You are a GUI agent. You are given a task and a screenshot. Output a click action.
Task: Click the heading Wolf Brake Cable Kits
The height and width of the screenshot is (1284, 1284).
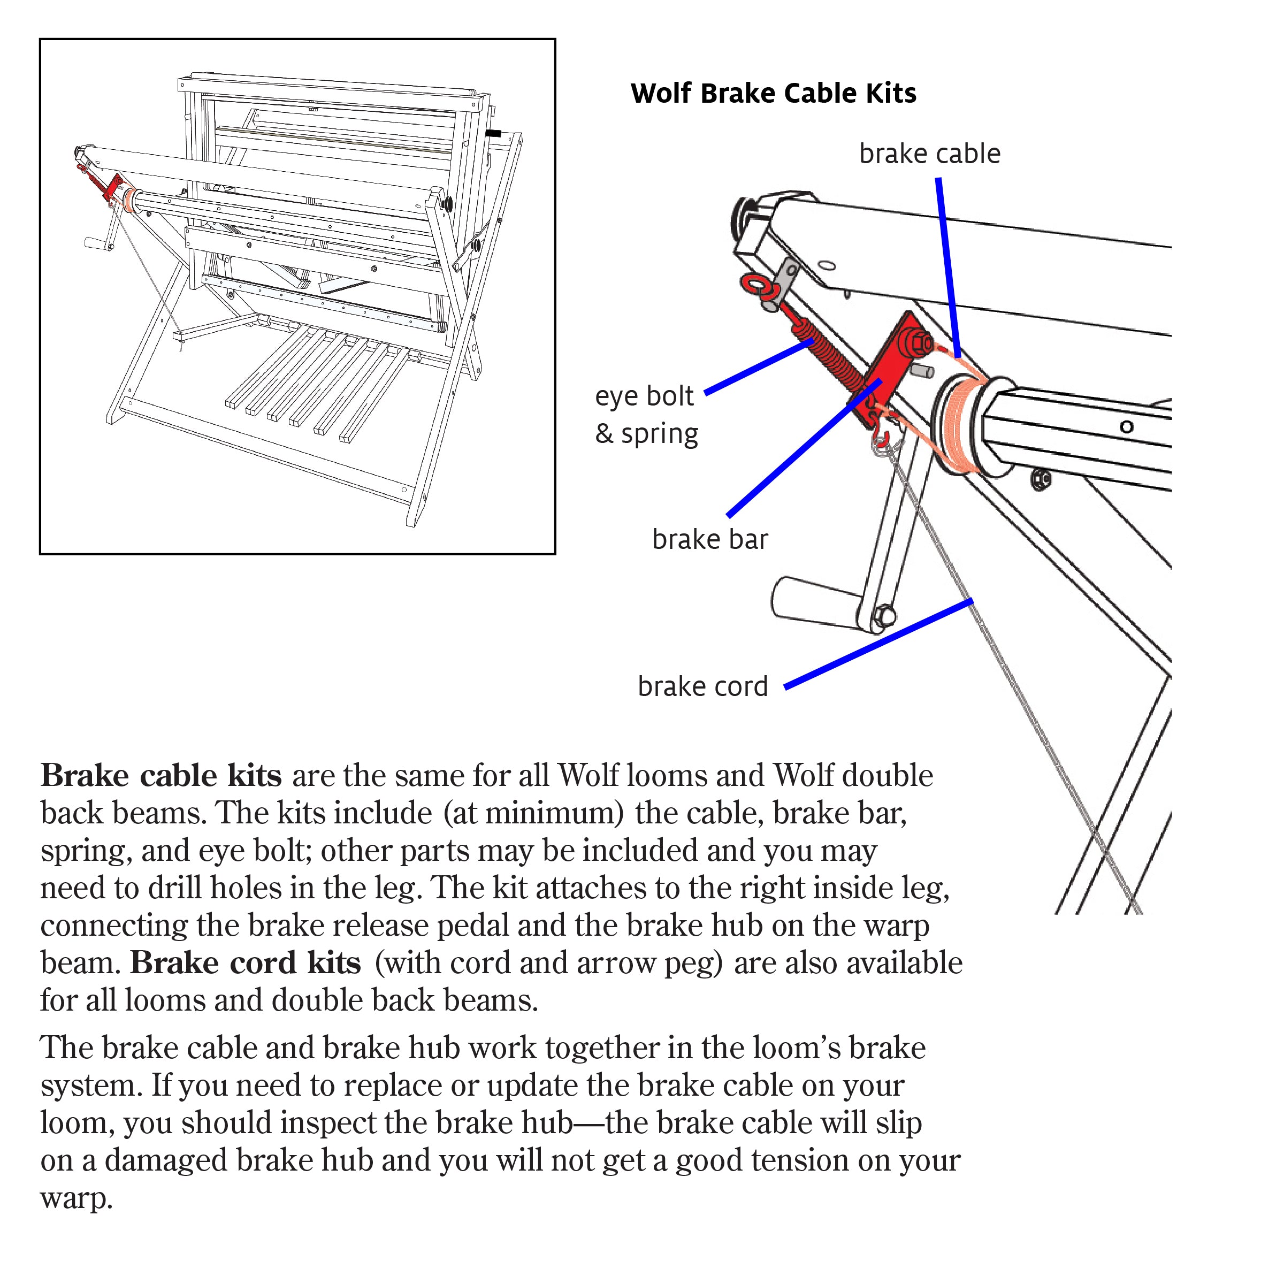773,93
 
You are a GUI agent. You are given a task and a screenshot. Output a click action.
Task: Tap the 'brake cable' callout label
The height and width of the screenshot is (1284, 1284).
929,154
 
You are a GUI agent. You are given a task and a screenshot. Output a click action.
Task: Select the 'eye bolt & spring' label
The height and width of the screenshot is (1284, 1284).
645,415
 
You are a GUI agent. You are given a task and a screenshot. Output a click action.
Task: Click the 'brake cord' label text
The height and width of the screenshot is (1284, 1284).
702,686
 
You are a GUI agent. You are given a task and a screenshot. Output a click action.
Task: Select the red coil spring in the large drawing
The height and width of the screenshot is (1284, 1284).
828,356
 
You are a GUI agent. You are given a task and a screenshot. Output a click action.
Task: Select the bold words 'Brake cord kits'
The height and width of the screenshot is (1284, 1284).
245,963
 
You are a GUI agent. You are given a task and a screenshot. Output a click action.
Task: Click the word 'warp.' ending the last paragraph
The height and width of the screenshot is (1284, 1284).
77,1198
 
